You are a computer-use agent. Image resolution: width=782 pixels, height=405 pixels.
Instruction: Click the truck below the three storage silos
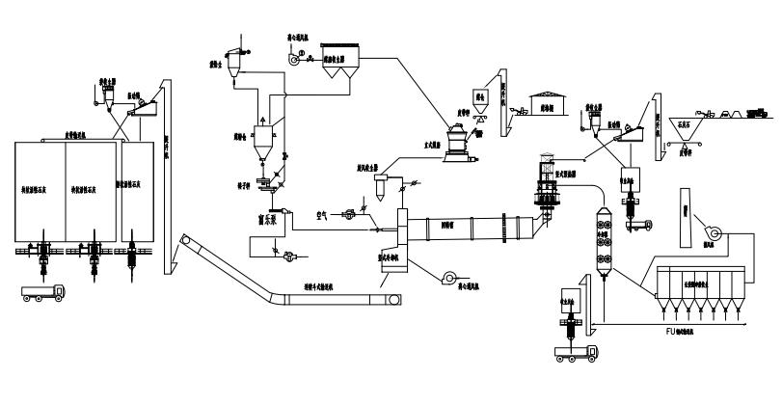(x=42, y=292)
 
